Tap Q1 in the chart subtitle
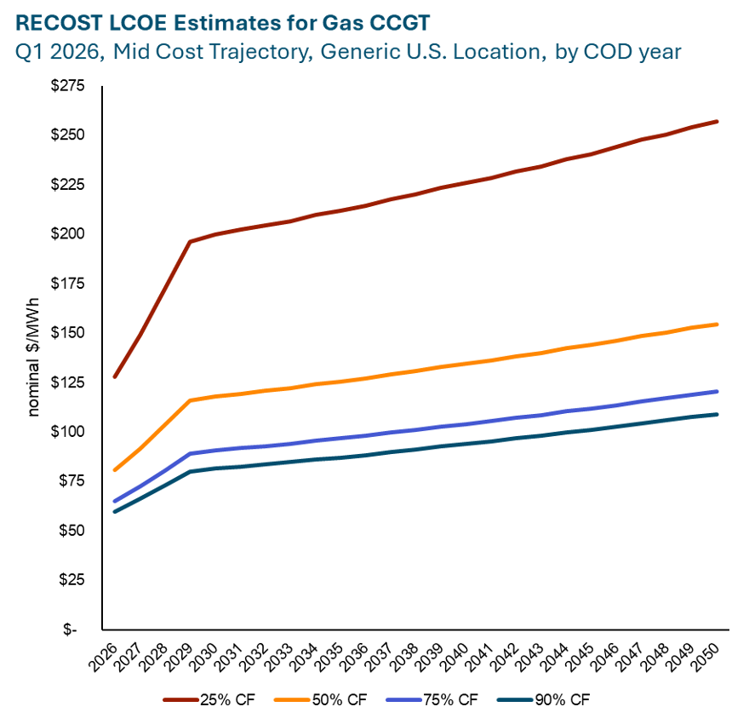pyautogui.click(x=30, y=52)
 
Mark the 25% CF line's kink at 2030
pyautogui.click(x=190, y=242)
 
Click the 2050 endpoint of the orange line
pyautogui.click(x=718, y=325)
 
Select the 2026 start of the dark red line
pyautogui.click(x=114, y=376)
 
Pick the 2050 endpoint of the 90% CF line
pyautogui.click(x=718, y=415)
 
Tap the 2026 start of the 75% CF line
pyautogui.click(x=114, y=502)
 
